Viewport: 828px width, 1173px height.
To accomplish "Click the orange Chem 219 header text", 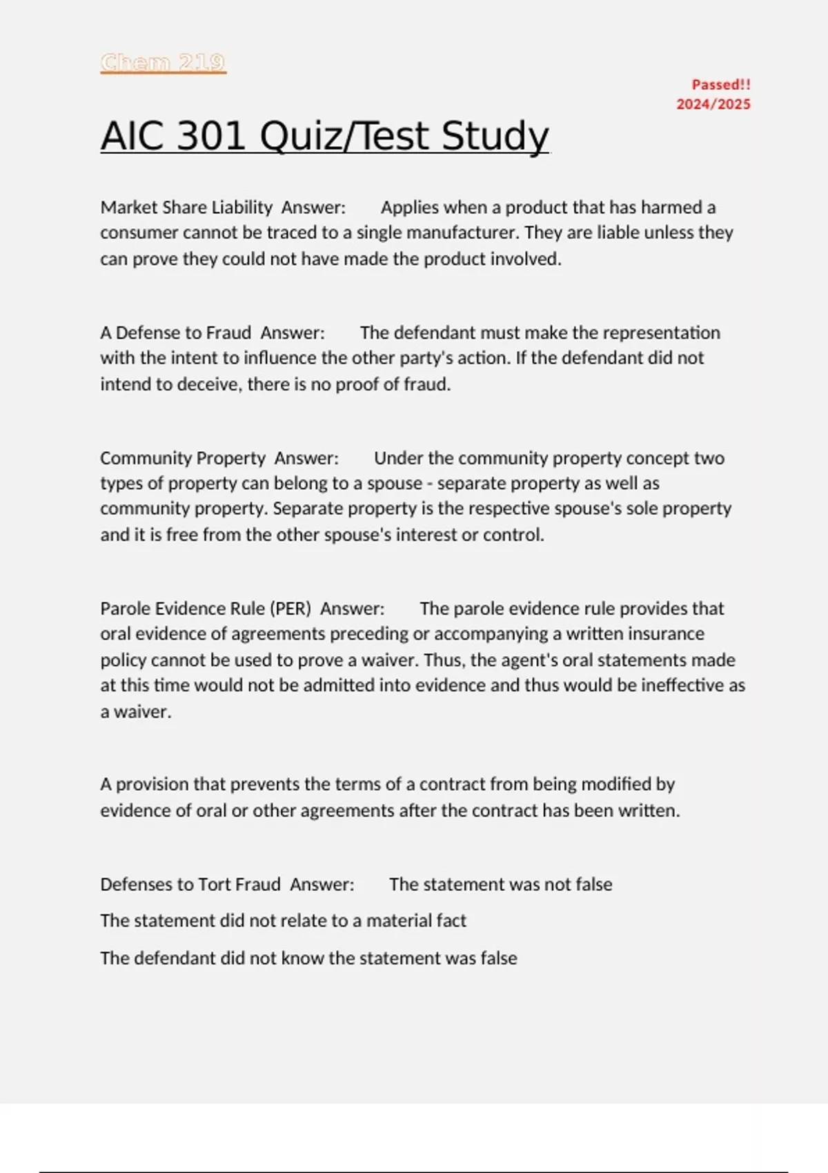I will tap(163, 63).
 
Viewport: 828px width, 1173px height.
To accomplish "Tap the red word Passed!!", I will tap(721, 85).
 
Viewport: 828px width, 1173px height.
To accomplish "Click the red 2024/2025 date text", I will tap(713, 104).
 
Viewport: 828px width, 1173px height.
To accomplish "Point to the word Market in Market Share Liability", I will tap(127, 208).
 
